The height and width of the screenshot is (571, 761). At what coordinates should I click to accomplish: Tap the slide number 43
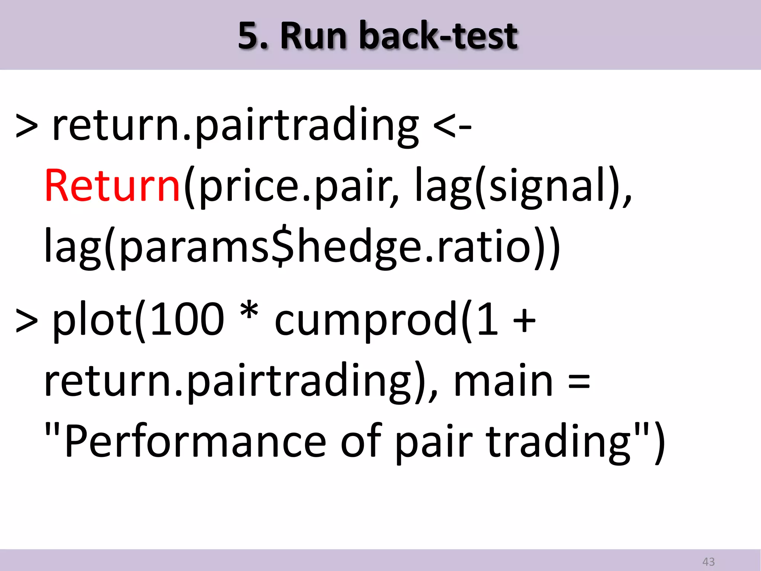(x=708, y=561)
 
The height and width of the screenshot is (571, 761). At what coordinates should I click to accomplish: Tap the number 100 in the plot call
(x=188, y=319)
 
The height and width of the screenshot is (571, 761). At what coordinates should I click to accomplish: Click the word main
(x=503, y=381)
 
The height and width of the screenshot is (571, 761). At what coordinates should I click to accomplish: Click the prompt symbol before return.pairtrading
(x=27, y=126)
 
